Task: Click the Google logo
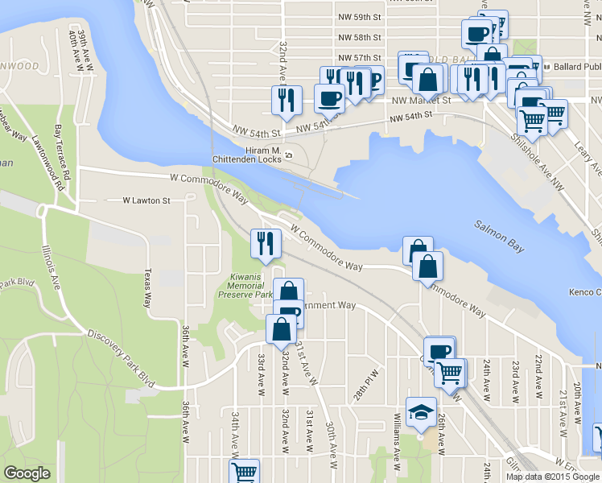27,473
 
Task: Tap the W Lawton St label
146,200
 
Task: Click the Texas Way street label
147,287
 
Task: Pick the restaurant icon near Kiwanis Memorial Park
266,244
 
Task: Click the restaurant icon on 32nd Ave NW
287,101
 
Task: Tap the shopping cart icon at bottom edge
243,472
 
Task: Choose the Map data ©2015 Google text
552,477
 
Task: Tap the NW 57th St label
359,58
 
